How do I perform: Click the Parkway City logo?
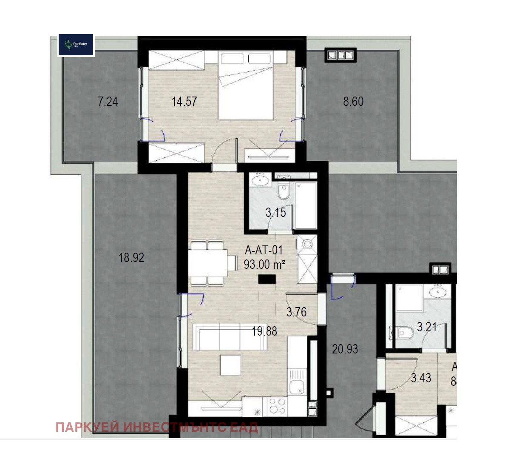pyautogui.click(x=76, y=45)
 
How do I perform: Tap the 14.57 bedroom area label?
pyautogui.click(x=184, y=102)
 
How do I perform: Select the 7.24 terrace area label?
pyautogui.click(x=108, y=102)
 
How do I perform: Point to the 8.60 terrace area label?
pyautogui.click(x=353, y=102)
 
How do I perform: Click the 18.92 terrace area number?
pyautogui.click(x=131, y=258)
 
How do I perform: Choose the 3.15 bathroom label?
pyautogui.click(x=275, y=212)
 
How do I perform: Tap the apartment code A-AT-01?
pyautogui.click(x=264, y=250)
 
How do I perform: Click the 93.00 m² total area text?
pyautogui.click(x=264, y=265)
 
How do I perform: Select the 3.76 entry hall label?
pyautogui.click(x=296, y=312)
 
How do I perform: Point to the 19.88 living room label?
pyautogui.click(x=264, y=331)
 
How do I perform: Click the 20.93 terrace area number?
pyautogui.click(x=345, y=349)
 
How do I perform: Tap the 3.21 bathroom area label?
pyautogui.click(x=426, y=327)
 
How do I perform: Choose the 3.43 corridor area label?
pyautogui.click(x=421, y=378)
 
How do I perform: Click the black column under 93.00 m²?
pyautogui.click(x=267, y=279)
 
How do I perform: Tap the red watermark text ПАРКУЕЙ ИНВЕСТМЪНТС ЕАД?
pyautogui.click(x=157, y=427)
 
